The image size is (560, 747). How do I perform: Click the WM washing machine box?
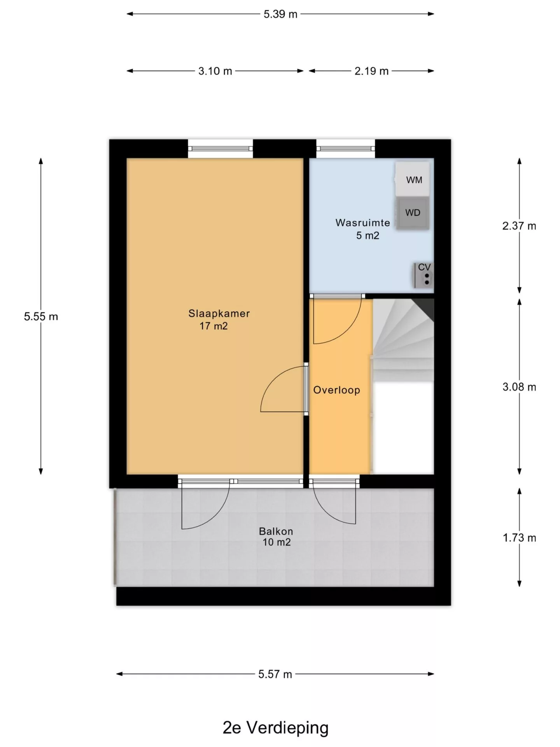pos(413,179)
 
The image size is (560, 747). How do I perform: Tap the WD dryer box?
pos(413,213)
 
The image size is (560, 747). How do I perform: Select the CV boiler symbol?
pos(423,275)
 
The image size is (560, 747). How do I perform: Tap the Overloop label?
pos(337,390)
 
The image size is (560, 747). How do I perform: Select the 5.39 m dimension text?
pos(280,14)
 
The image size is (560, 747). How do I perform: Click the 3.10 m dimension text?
pos(215,71)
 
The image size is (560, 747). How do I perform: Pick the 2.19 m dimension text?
pos(371,71)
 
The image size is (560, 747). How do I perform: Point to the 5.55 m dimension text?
pos(41,317)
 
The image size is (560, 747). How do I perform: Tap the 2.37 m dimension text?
pos(519,226)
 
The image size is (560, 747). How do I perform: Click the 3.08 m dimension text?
pos(519,387)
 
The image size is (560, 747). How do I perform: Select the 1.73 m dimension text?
pos(519,538)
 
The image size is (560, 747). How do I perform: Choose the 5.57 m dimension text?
pos(275,674)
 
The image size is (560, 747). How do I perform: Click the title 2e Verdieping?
pos(275,727)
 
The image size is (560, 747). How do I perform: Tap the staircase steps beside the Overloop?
pos(403,340)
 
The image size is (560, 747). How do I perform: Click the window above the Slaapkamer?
pos(220,149)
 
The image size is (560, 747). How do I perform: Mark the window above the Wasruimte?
pos(346,149)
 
